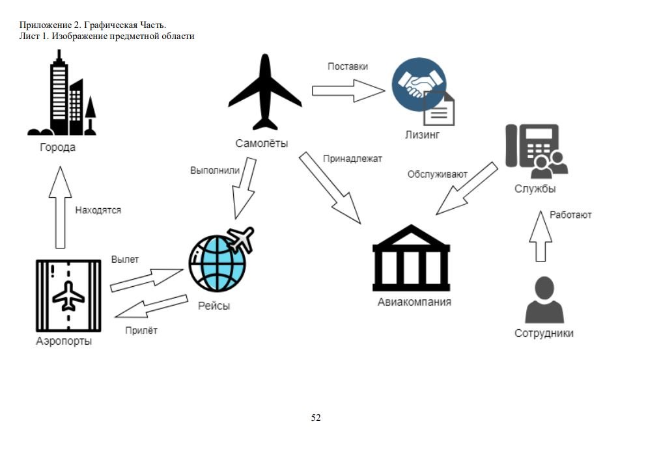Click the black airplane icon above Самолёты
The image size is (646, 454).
tap(265, 93)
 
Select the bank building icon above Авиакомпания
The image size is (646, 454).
tap(411, 258)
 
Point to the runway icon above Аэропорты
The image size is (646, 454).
tap(68, 296)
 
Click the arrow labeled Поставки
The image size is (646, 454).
tap(347, 90)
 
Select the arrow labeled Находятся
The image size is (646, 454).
tap(60, 207)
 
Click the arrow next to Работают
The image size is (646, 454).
tap(541, 235)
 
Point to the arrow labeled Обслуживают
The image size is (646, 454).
tap(466, 189)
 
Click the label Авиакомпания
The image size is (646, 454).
tap(414, 302)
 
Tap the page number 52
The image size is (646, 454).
tap(316, 418)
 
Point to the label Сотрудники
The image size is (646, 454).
tap(544, 334)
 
